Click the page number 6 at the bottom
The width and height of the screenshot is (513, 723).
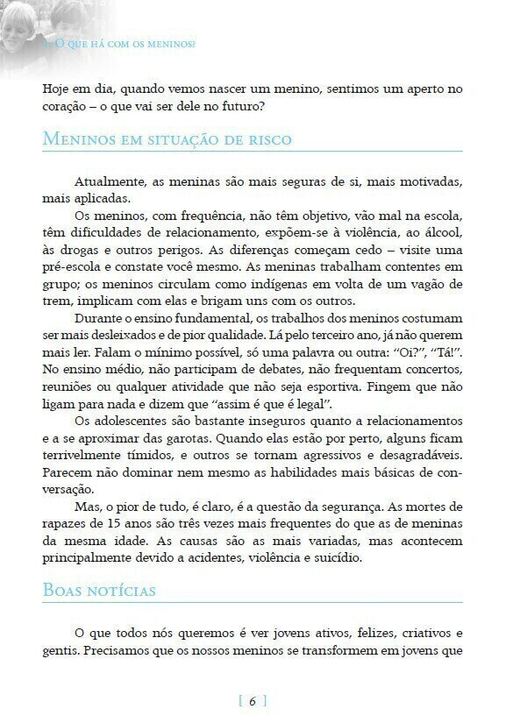click(x=253, y=700)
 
